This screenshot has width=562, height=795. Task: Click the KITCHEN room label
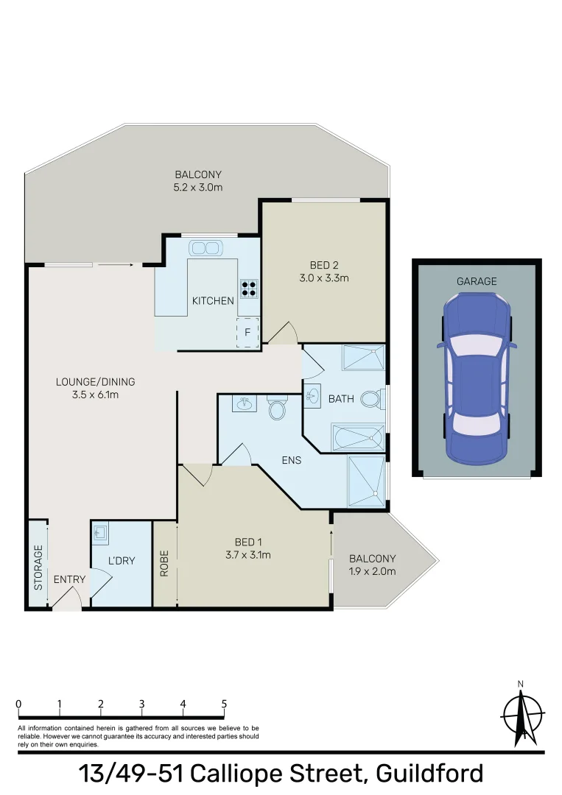coord(213,300)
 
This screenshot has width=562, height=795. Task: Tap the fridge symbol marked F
coord(247,333)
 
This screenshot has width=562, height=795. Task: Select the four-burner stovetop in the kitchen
coord(249,287)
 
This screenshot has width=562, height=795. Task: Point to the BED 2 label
coord(324,265)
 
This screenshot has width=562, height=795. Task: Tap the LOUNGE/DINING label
coord(96,381)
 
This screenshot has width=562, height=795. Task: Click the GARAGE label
coord(477,281)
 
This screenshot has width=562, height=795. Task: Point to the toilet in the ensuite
coord(277,409)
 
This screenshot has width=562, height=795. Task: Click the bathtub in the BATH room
coord(358,439)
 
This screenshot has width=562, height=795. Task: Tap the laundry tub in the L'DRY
coord(100,532)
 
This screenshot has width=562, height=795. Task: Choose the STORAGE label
coord(38,568)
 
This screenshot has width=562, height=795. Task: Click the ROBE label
coord(164,564)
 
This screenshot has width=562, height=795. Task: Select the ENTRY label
coord(70,579)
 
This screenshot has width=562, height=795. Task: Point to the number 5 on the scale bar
coord(224,704)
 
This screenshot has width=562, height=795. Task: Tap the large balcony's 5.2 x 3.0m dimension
coord(198,187)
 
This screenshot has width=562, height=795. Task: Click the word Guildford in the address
coord(429,774)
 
